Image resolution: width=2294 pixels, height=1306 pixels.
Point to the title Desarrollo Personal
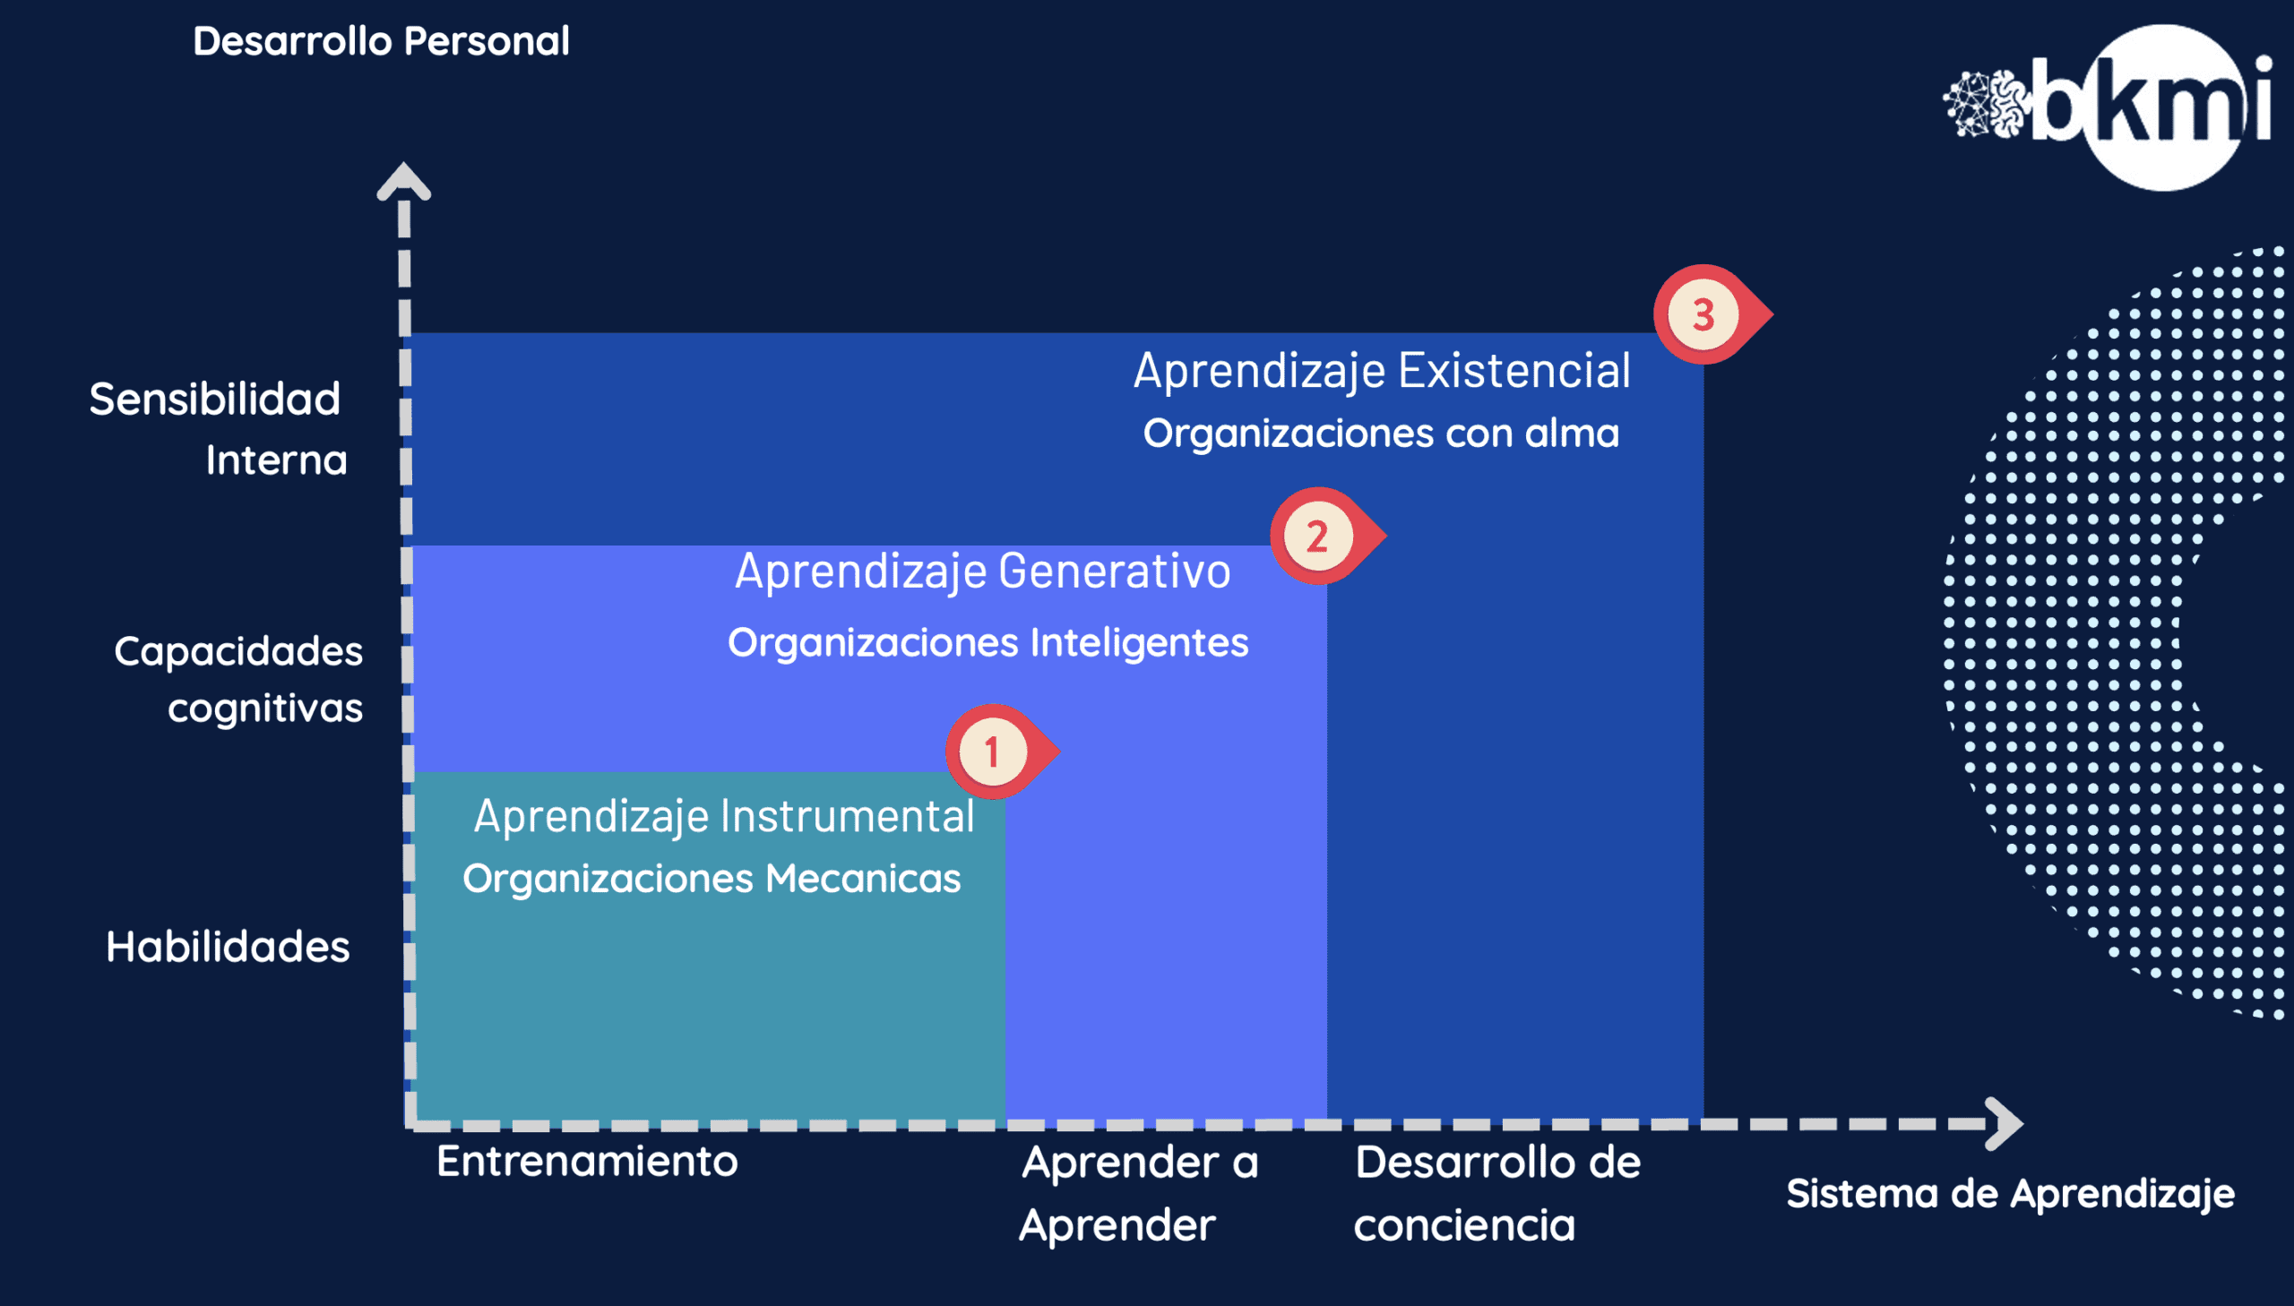381,41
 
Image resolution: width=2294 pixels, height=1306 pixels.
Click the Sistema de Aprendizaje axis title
2011,1194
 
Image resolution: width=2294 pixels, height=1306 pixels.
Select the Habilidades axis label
228,947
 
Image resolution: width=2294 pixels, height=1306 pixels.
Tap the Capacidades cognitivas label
238,679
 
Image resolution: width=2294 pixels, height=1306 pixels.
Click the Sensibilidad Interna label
217,429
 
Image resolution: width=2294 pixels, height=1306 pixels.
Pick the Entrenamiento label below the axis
588,1162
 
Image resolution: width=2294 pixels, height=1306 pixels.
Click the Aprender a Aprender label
1138,1194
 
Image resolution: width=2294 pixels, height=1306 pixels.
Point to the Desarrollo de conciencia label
1497,1194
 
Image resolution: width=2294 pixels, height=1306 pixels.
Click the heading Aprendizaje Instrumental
724,817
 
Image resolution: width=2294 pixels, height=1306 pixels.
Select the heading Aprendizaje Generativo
983,571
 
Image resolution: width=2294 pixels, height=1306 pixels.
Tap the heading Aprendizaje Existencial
1383,372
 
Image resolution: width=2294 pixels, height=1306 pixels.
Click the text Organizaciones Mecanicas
711,878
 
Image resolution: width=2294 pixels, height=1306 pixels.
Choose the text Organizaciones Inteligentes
987,642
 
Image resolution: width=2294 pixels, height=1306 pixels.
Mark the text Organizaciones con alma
1382,434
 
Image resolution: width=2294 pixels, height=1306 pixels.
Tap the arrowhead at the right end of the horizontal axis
2005,1123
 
